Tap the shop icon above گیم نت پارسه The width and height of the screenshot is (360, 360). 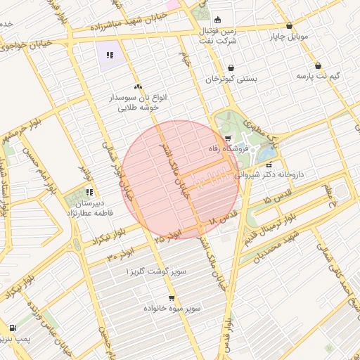click(x=318, y=65)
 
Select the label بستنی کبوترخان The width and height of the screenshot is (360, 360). click(x=231, y=79)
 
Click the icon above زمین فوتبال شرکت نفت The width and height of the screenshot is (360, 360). click(x=217, y=20)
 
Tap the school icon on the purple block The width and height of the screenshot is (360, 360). click(x=109, y=55)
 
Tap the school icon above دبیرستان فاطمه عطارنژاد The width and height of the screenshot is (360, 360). click(x=89, y=191)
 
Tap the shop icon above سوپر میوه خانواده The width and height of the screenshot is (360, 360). click(x=171, y=297)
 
